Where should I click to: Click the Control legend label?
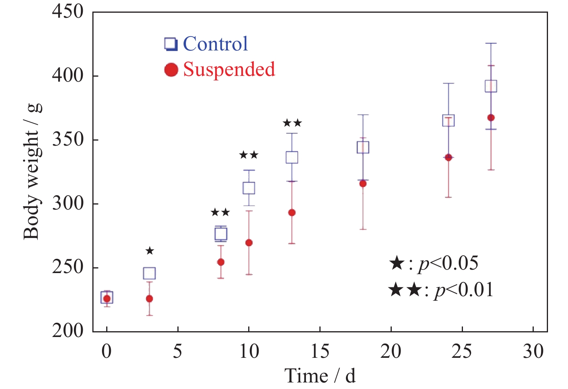point(215,44)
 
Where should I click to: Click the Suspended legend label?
point(229,70)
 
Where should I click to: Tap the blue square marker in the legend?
point(171,44)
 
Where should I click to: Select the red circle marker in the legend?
point(171,70)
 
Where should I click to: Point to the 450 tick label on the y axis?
point(68,12)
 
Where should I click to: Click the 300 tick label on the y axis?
point(68,203)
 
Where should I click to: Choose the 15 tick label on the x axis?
point(320,351)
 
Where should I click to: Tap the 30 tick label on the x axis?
point(533,351)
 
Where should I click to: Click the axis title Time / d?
point(320,376)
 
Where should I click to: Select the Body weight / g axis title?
point(32,171)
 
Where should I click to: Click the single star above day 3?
point(150,251)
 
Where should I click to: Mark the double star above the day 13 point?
point(292,123)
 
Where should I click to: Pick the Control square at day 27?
point(491,86)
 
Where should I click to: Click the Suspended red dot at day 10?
point(249,243)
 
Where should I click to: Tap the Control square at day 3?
point(149,273)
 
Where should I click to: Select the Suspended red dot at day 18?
point(363,184)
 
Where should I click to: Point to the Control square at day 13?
point(292,158)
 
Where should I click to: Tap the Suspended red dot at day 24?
point(448,158)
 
